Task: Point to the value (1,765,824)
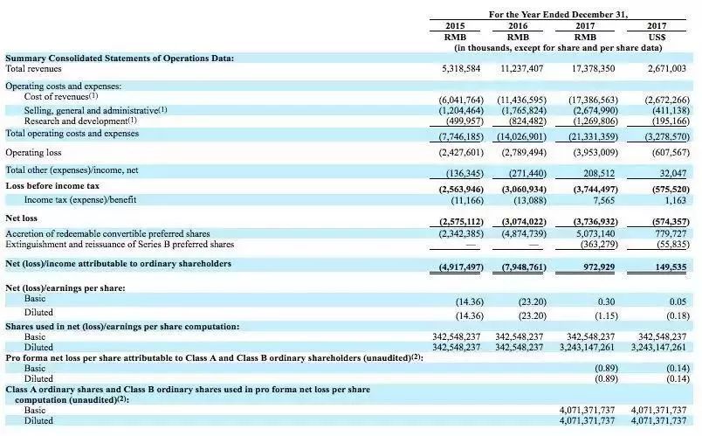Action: [x=523, y=111]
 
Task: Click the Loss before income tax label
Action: [x=52, y=186]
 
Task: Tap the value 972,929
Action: [x=597, y=265]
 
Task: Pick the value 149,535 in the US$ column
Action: [x=669, y=265]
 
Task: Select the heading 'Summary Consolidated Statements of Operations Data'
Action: [x=120, y=58]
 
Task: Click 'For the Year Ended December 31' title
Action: [x=559, y=14]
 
